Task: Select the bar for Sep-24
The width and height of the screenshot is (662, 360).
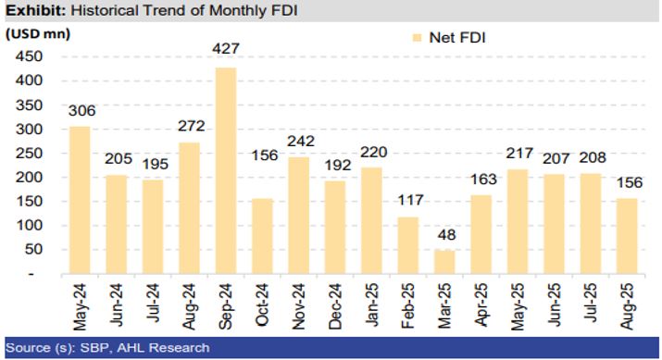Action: click(x=226, y=170)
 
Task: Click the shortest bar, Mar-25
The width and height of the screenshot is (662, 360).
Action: click(x=443, y=262)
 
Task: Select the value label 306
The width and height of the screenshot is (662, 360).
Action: click(x=81, y=112)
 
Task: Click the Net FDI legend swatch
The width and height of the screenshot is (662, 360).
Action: click(x=415, y=37)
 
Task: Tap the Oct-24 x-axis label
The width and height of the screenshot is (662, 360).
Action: click(x=263, y=304)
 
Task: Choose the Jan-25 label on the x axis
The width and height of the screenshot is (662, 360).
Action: click(x=371, y=304)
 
